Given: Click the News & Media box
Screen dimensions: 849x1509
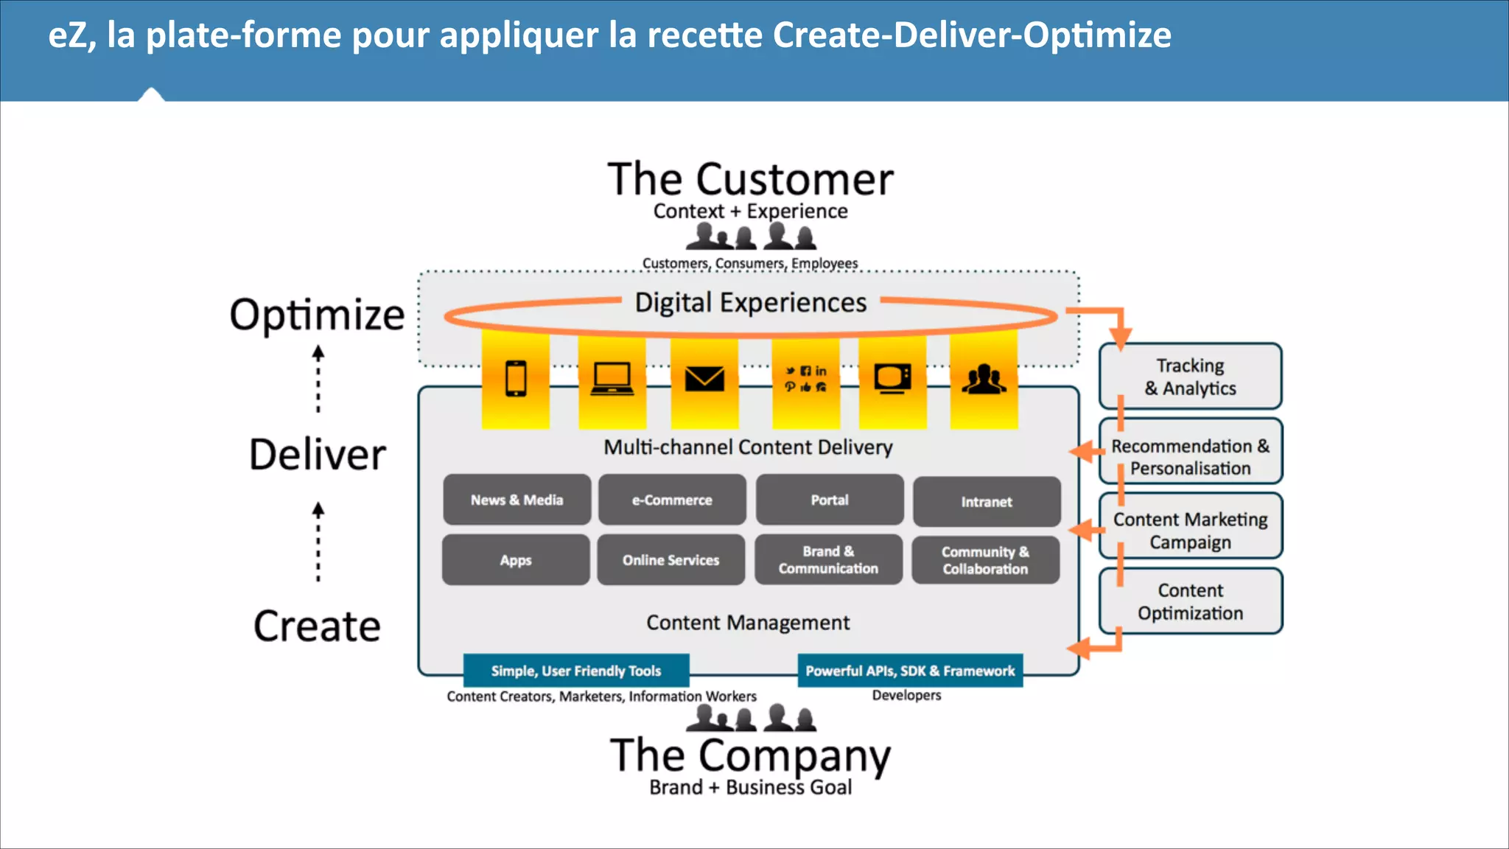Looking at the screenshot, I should click(x=517, y=500).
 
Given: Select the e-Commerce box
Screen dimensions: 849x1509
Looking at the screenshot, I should click(x=672, y=500).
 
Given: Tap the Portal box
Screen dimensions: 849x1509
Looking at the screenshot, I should click(x=830, y=500).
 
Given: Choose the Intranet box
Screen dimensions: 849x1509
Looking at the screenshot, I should click(x=987, y=502).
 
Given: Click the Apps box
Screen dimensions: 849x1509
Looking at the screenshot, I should click(x=516, y=560).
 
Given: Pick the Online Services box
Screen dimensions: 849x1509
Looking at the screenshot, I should click(x=671, y=560).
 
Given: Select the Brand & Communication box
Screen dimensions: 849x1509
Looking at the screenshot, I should click(x=828, y=560).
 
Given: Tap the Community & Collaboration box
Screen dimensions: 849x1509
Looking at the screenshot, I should click(x=985, y=561).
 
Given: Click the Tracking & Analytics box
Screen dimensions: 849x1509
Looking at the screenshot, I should click(x=1190, y=377).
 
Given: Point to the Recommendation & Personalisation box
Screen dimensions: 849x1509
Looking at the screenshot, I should click(x=1190, y=457).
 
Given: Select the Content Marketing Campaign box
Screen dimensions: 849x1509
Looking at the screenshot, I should click(x=1190, y=531).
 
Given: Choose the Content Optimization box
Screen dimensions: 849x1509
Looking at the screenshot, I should click(x=1190, y=601).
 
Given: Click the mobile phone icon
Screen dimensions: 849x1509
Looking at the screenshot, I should click(x=516, y=379).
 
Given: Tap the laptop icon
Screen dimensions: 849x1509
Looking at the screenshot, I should click(x=612, y=379).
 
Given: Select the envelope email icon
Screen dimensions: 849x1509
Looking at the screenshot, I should click(x=704, y=379).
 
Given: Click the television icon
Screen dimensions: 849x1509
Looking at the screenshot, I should click(x=892, y=379).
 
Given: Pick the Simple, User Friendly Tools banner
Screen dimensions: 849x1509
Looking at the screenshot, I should click(x=576, y=671).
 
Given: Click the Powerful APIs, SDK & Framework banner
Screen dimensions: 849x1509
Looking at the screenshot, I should click(x=910, y=671).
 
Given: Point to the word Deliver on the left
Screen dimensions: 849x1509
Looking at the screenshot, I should click(x=318, y=454).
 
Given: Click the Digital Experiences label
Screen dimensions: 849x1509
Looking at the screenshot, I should click(x=751, y=303).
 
